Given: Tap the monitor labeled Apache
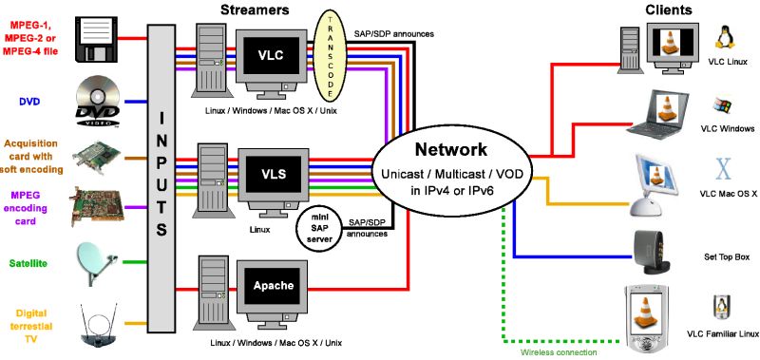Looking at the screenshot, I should (273, 285).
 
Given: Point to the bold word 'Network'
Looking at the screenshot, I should (450, 149).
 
